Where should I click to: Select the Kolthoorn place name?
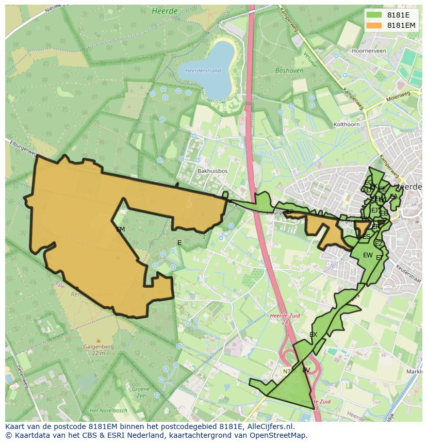coord(347,124)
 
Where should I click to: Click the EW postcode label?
coord(368,255)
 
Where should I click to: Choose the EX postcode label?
coord(313,335)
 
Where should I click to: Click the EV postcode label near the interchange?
coord(306,370)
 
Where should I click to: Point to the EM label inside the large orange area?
coord(120,229)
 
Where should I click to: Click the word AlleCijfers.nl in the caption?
coord(269,426)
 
